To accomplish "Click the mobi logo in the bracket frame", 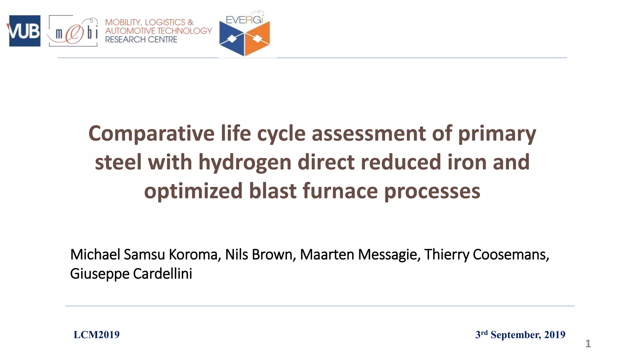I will coord(73,31).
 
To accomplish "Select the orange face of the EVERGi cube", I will coord(257,39).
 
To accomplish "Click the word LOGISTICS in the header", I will coord(165,22).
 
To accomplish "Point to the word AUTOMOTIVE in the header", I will coord(131,31).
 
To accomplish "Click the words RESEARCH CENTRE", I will coord(141,40).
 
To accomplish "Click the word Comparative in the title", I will coord(151,133).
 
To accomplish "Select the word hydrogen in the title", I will coord(245,162).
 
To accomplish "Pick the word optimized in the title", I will coord(193,191).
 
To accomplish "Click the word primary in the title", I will coord(497,133).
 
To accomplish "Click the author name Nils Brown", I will coord(258,254).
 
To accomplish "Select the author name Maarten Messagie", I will coord(358,254).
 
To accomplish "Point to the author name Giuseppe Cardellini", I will coord(131,274).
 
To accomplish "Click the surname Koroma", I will coord(193,254).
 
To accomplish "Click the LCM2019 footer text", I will coord(97,335).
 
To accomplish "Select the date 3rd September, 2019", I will coord(520,335).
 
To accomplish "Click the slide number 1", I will coord(588,344).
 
